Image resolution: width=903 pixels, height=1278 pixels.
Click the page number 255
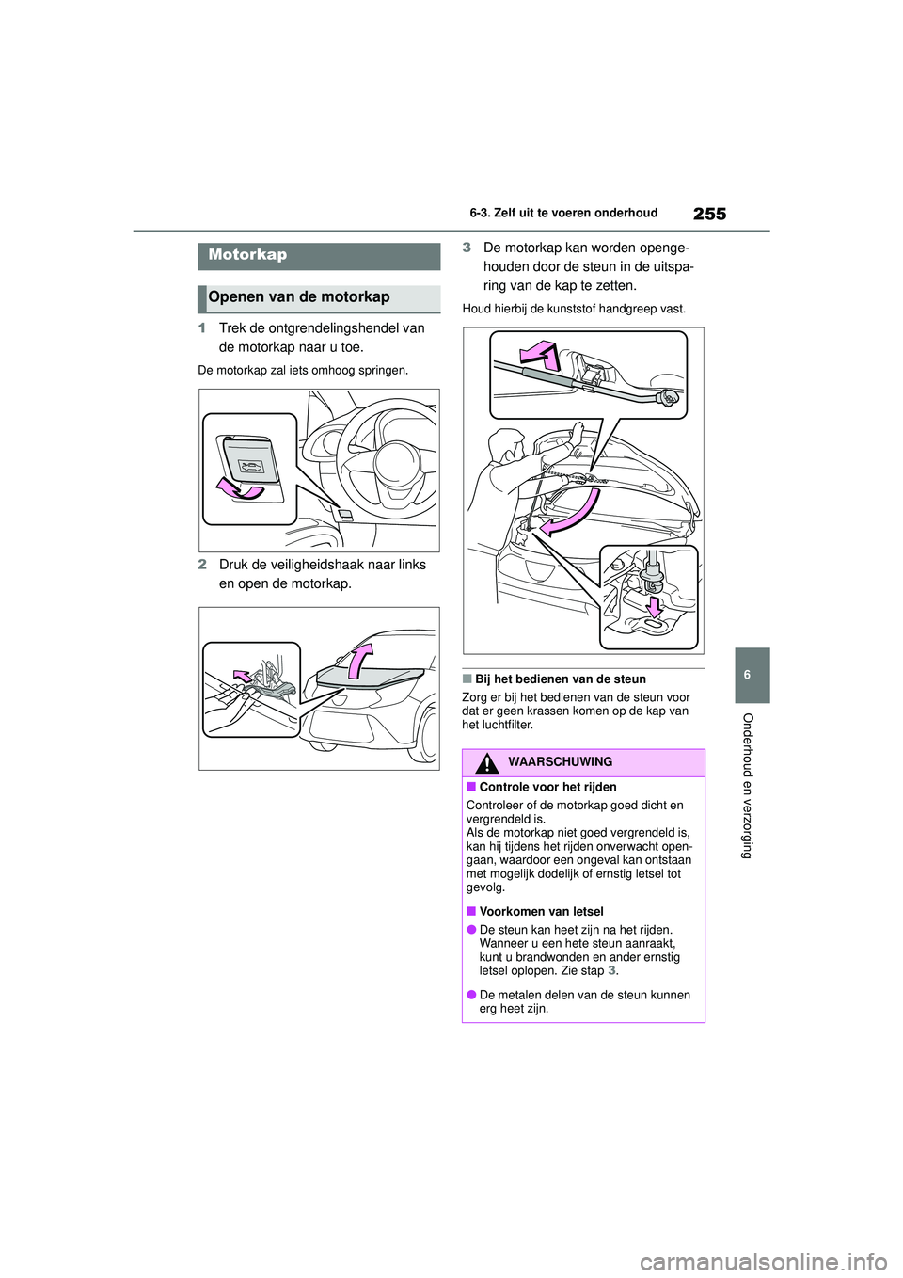point(709,214)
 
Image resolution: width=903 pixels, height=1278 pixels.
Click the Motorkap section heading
point(247,255)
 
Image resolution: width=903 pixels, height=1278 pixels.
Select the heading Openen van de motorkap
point(299,297)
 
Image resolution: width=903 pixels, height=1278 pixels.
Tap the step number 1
point(201,328)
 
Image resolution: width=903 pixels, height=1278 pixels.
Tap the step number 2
point(201,565)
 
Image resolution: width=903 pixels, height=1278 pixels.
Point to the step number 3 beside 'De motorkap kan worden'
point(467,248)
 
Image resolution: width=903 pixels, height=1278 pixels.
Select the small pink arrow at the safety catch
point(243,676)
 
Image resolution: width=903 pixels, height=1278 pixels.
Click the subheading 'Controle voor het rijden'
point(547,787)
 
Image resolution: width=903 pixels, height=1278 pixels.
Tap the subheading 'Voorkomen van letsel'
point(541,911)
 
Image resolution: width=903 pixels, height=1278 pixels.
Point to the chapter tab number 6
point(753,675)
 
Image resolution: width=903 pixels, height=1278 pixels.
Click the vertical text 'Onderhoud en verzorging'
point(749,786)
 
